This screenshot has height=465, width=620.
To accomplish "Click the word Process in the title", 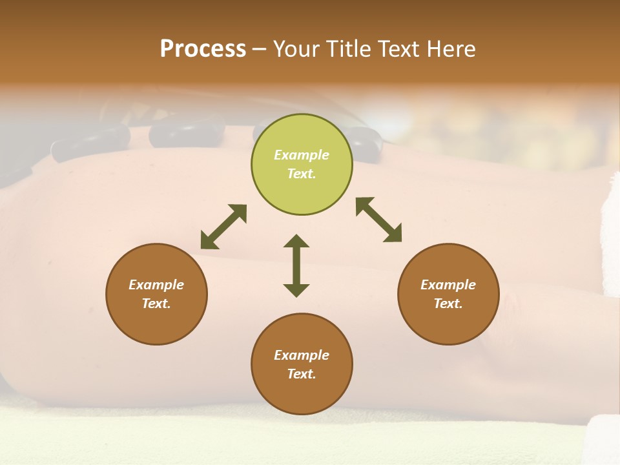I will tap(203, 49).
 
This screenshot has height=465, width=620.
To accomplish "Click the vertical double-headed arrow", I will tap(296, 265).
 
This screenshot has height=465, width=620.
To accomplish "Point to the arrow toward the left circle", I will tap(223, 226).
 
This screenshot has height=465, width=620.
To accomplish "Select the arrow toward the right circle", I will tap(378, 220).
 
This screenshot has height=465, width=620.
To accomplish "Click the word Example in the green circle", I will tap(302, 155).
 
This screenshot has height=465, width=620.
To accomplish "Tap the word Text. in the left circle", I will tap(156, 304).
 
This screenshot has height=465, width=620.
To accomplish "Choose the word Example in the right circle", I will tap(448, 285).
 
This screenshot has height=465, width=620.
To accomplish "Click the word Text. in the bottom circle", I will tap(302, 374).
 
